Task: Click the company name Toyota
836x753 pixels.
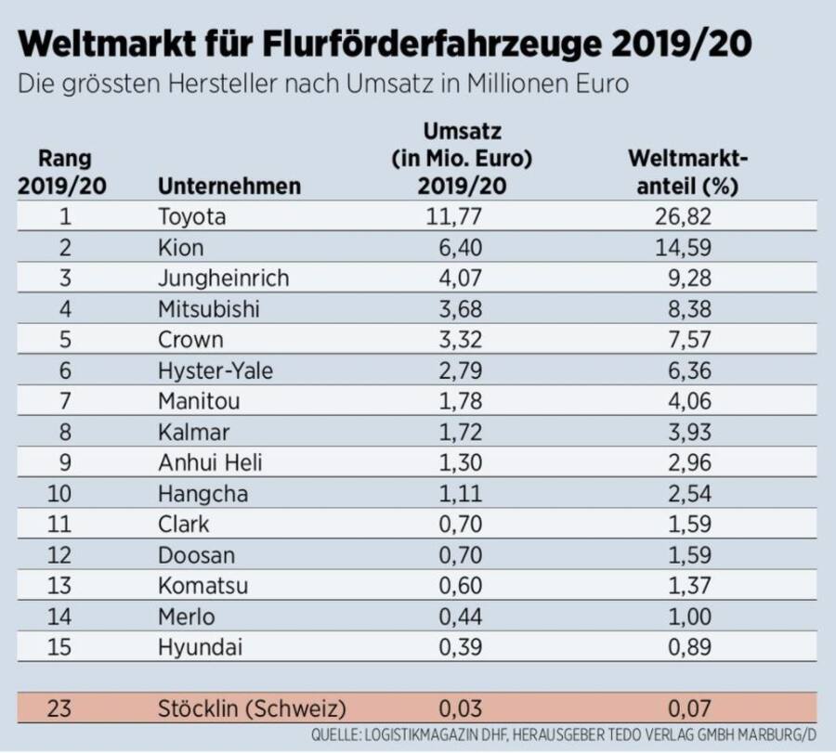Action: click(192, 217)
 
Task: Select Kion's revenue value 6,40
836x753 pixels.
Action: click(462, 248)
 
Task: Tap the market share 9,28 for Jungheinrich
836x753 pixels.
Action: click(683, 279)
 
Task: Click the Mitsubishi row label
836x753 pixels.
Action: click(209, 309)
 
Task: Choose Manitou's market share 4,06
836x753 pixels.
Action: click(683, 401)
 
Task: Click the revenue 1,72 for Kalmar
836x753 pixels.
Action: click(462, 432)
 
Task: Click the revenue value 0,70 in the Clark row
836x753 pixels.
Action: click(462, 524)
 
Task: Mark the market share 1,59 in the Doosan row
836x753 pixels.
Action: click(683, 554)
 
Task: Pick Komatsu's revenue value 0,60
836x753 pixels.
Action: click(462, 585)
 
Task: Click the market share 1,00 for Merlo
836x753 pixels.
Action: click(683, 616)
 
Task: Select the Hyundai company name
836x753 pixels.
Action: click(200, 646)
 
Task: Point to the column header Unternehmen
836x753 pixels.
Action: click(229, 186)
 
